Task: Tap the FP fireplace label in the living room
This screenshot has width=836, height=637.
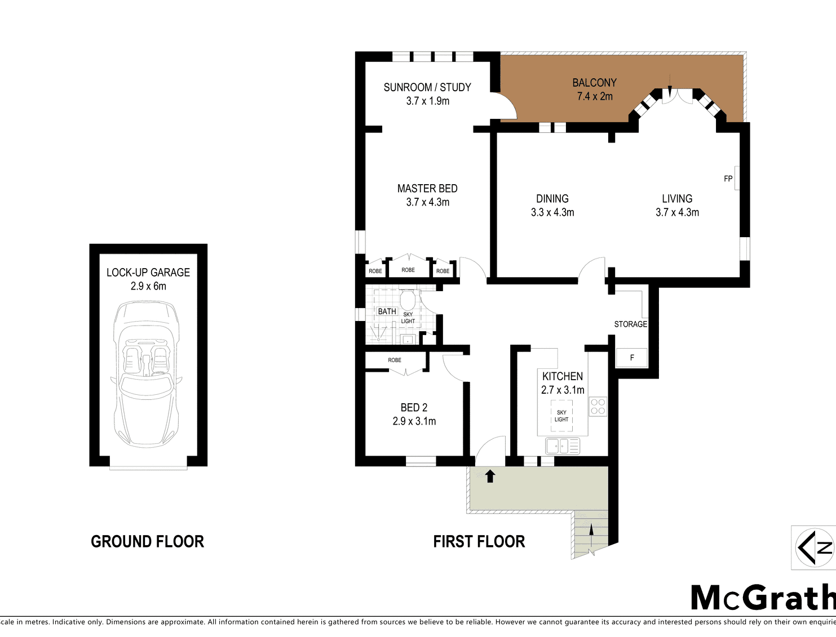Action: point(728,179)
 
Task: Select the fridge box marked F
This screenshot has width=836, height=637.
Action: point(631,358)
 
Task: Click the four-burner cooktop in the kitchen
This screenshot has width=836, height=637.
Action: point(598,406)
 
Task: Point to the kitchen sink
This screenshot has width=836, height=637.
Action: point(563,446)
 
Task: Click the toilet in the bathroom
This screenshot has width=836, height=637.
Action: point(408,300)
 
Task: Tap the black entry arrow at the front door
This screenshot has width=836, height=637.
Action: point(490,476)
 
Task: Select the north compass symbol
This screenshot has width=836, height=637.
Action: point(814,547)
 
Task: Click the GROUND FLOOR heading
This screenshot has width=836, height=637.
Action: point(147,541)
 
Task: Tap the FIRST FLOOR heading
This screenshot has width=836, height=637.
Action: point(479,541)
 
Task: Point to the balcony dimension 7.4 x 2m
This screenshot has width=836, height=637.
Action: point(595,96)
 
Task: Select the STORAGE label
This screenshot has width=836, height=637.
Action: point(630,324)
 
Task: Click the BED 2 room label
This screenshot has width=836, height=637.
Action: point(414,408)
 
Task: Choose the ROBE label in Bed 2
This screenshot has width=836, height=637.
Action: point(395,360)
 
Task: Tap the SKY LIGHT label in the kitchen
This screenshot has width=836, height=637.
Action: point(561,416)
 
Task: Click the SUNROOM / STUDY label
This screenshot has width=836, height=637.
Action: point(427,87)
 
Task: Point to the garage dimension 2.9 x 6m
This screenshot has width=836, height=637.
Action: point(148,286)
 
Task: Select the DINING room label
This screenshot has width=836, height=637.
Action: point(552,199)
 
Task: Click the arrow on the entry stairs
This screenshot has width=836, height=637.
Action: point(591,536)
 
